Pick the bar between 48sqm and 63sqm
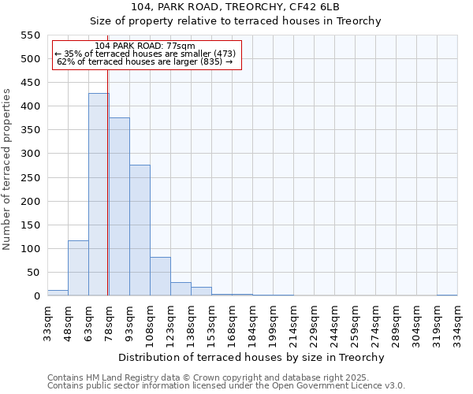78,268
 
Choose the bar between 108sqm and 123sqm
160,277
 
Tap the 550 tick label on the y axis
30,35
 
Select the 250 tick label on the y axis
30,178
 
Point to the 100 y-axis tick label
30,249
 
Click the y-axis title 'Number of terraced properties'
7,169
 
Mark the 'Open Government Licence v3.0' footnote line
226,386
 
